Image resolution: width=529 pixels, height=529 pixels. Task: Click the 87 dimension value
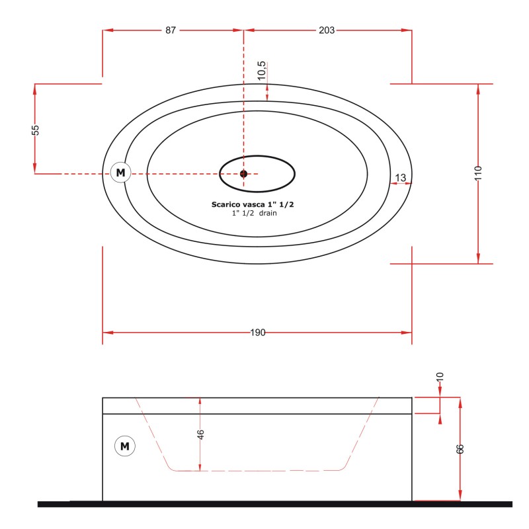tap(171, 30)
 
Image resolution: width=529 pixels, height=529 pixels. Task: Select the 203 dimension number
tap(327, 30)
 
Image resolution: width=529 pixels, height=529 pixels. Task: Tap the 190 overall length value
tap(258, 333)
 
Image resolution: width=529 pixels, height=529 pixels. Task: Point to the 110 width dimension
tap(478, 173)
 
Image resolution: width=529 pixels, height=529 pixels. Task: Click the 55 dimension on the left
tap(35, 130)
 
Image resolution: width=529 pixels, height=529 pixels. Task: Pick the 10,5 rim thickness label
tap(261, 71)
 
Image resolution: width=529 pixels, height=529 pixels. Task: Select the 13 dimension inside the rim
tap(401, 177)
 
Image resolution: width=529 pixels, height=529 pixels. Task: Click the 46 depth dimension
tap(200, 434)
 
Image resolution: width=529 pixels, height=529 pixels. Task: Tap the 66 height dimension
tap(460, 449)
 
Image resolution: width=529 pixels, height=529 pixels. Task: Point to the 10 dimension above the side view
tap(440, 377)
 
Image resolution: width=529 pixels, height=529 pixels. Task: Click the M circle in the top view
tap(121, 173)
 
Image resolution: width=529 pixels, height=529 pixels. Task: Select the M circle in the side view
tap(125, 446)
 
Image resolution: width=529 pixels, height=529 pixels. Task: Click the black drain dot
tap(243, 174)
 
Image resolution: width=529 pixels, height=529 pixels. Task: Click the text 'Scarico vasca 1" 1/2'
tap(253, 204)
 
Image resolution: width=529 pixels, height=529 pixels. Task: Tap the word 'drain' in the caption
tap(268, 213)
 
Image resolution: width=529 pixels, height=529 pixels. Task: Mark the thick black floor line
tap(275, 504)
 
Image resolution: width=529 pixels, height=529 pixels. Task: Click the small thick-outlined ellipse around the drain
tap(257, 174)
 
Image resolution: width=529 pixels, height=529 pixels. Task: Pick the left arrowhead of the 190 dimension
tap(108, 333)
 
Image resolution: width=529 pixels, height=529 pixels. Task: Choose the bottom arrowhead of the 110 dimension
tap(478, 259)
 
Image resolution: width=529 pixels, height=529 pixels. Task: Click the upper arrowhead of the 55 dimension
tap(35, 89)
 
